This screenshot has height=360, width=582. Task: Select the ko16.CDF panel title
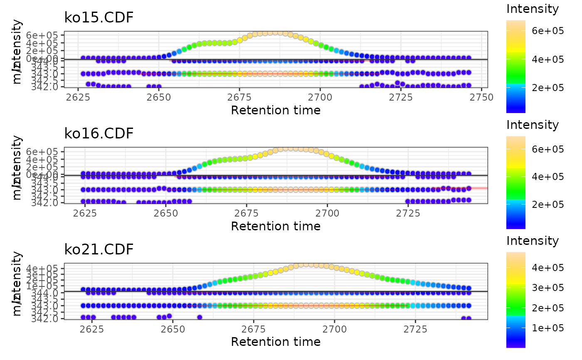point(99,133)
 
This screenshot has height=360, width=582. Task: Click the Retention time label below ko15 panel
point(276,110)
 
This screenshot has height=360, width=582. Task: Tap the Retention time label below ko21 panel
point(276,342)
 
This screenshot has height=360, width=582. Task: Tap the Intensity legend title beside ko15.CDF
point(532,9)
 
